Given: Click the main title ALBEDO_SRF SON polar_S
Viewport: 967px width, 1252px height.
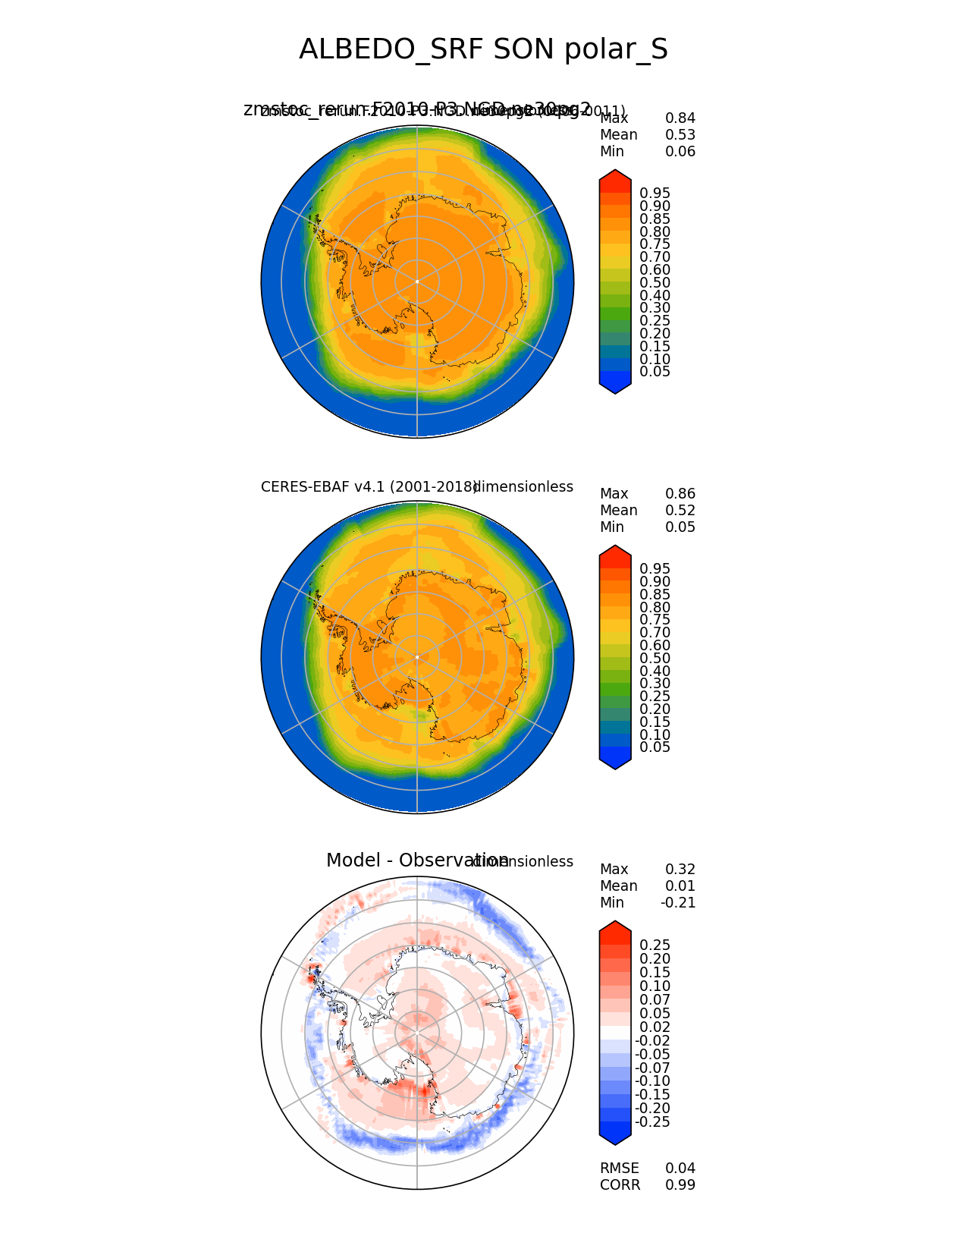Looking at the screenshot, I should point(483,49).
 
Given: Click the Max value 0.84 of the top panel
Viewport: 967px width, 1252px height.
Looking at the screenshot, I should point(680,118).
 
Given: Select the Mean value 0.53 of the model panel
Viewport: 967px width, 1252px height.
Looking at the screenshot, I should point(680,135).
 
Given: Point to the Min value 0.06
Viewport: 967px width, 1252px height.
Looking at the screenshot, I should point(680,152).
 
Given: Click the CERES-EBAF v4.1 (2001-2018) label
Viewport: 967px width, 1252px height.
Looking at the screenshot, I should point(369,487).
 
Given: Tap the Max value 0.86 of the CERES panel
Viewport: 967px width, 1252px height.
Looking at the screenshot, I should point(680,494).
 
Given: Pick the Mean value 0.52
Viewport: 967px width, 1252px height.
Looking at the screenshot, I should point(680,511).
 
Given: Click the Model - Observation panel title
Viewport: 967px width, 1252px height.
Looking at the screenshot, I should point(417,860).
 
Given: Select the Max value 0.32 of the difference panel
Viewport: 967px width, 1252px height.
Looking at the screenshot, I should point(680,870).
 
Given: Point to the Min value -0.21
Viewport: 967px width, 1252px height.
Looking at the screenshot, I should point(677,903).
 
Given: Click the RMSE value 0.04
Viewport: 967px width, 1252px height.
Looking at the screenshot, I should point(680,1169).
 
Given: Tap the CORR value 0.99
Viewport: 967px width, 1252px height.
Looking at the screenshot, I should point(680,1185).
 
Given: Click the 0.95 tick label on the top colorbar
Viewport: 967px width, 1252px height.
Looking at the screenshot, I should point(655,193).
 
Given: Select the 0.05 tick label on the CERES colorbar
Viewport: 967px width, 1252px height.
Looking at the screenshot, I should point(655,747).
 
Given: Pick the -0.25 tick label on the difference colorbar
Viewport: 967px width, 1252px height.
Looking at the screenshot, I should point(652,1122).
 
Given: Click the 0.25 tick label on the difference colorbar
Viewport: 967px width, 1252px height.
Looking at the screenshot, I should point(655,945).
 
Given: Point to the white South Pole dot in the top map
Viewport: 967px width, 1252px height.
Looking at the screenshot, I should point(417,282).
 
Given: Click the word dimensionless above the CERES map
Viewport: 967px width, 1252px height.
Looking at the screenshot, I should point(523,487).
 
